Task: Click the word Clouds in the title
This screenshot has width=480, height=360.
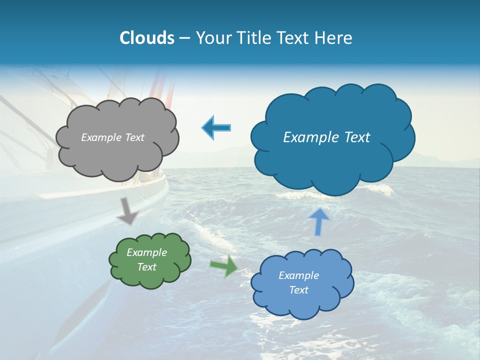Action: click(147, 38)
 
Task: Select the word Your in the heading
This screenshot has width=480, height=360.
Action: click(212, 38)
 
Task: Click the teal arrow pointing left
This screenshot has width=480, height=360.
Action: click(216, 128)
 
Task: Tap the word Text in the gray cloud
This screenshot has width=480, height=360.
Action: click(135, 137)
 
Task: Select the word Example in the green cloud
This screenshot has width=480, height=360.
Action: click(146, 252)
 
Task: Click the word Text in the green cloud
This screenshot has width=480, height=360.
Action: click(147, 267)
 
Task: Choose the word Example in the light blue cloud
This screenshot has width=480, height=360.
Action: click(298, 275)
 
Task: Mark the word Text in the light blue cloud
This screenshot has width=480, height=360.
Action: click(299, 290)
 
